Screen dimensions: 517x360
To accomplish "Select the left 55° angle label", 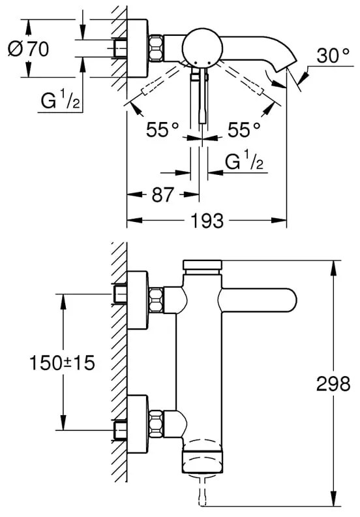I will tap(162, 131).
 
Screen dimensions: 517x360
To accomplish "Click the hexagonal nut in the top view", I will tap(157, 48).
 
